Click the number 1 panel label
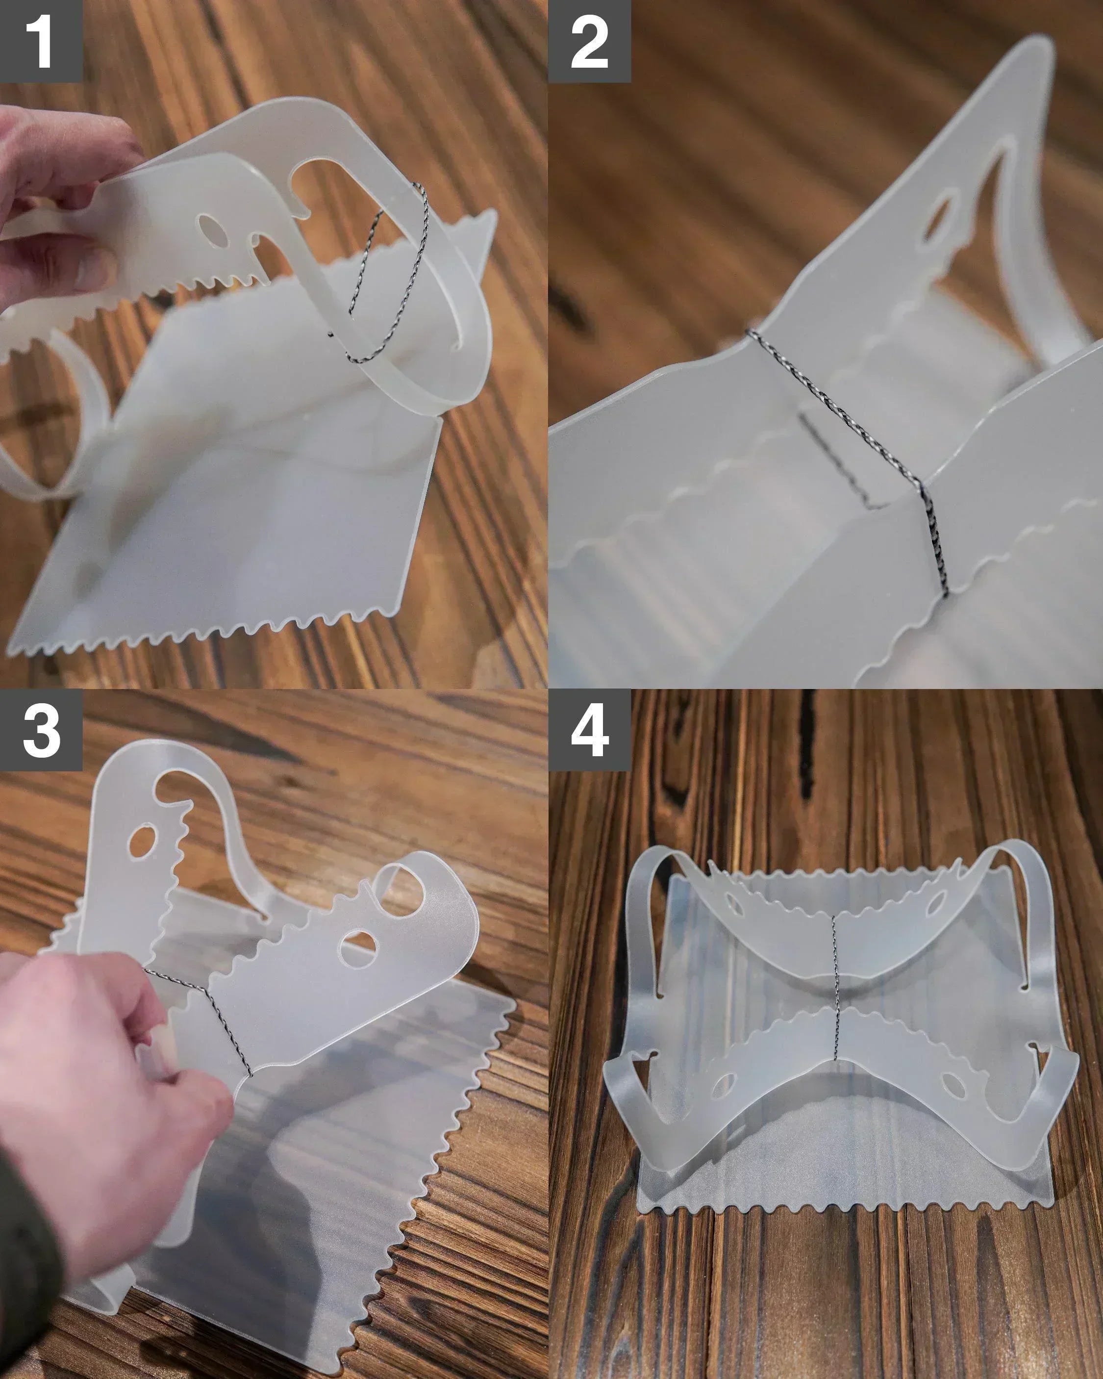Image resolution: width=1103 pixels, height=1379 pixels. tap(41, 41)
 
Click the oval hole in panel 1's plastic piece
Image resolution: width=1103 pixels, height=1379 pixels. tap(212, 231)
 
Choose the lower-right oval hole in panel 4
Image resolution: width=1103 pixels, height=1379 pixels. tap(952, 1084)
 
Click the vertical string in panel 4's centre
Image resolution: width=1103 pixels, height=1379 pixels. tap(834, 988)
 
